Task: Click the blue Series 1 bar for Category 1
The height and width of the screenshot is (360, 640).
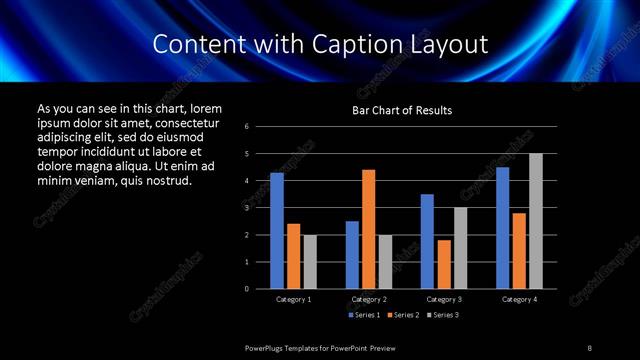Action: (277, 231)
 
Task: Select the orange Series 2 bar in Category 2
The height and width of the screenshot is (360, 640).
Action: (369, 229)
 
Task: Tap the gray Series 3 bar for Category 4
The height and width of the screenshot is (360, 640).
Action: (536, 221)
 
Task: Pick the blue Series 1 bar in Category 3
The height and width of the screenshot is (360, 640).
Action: (427, 241)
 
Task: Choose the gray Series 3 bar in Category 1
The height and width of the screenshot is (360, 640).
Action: (310, 262)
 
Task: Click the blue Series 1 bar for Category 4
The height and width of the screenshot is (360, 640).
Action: (502, 228)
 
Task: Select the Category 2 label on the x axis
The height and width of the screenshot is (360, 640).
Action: (369, 299)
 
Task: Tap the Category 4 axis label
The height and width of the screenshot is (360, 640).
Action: (519, 299)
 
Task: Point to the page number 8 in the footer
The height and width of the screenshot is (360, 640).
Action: (590, 347)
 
